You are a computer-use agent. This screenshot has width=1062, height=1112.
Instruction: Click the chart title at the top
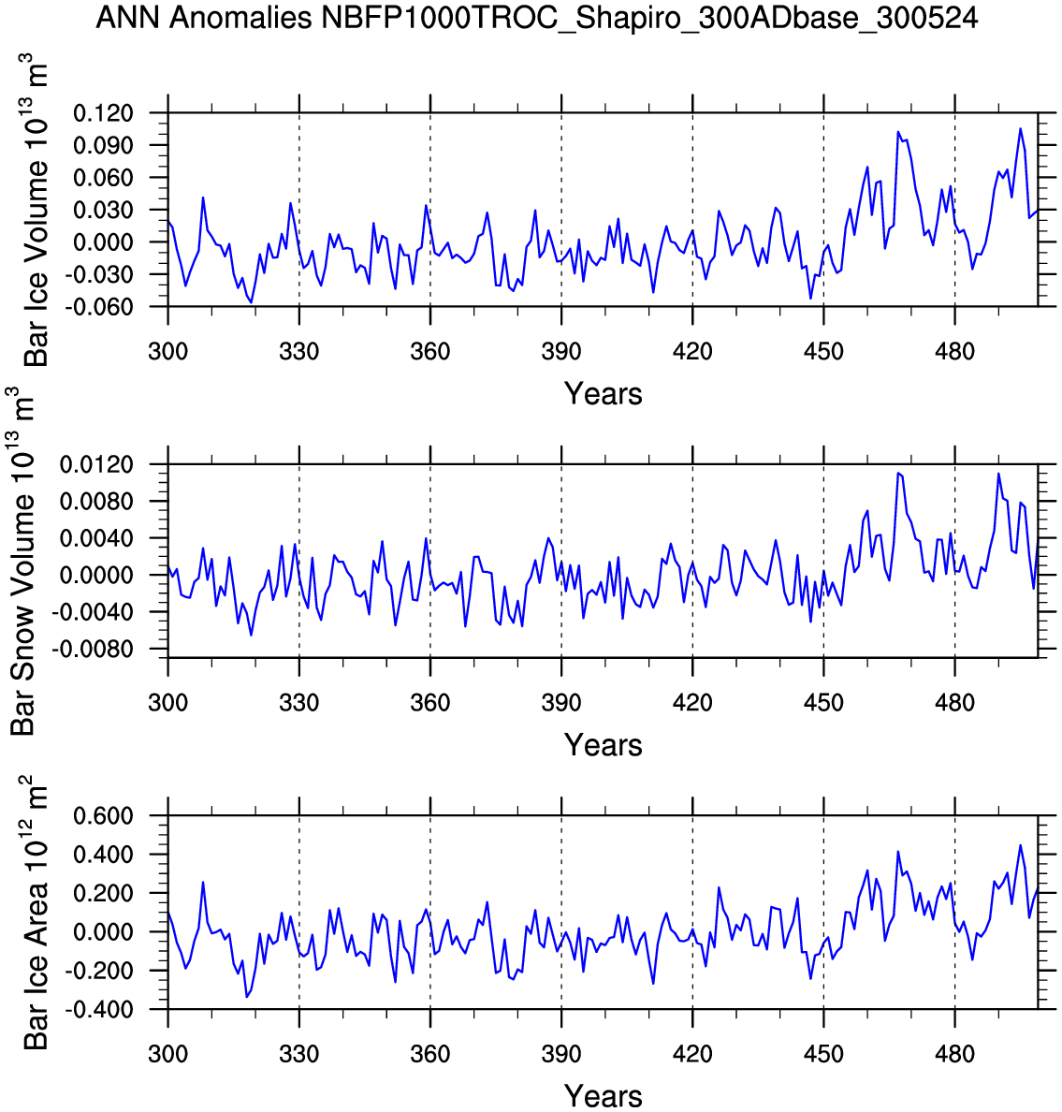[x=536, y=18]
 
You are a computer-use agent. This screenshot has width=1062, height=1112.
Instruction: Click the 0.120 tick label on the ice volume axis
[x=103, y=113]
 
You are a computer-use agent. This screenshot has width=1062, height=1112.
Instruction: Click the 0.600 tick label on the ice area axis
[x=103, y=816]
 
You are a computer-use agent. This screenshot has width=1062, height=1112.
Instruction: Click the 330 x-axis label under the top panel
[x=298, y=352]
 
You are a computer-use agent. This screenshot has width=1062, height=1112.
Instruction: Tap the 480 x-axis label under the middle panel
[x=954, y=703]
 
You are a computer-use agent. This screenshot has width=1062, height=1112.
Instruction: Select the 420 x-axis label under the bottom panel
[x=692, y=1054]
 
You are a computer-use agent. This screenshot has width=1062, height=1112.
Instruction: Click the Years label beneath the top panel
[x=604, y=394]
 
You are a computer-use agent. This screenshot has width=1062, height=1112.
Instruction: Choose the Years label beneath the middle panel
[x=604, y=745]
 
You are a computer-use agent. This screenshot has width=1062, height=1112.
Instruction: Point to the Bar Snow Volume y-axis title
[x=22, y=562]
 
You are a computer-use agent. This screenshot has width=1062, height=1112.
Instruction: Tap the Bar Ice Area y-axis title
[x=36, y=913]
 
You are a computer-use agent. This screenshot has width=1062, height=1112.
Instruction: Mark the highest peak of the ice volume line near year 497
[x=1021, y=128]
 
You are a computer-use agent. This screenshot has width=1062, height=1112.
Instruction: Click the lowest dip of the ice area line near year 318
[x=247, y=996]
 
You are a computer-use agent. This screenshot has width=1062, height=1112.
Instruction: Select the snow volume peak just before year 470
[x=897, y=473]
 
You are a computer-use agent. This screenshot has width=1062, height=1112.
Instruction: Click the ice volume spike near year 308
[x=203, y=198]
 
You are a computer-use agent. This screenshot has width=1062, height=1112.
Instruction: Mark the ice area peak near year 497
[x=1021, y=845]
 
